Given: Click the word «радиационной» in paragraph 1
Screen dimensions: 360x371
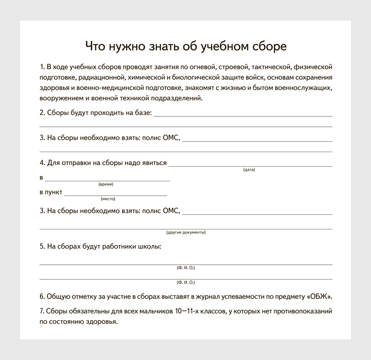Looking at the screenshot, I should pyautogui.click(x=101, y=78).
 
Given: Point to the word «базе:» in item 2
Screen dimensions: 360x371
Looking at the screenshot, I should pyautogui.click(x=141, y=113).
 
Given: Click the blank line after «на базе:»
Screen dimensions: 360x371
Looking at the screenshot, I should pyautogui.click(x=243, y=115).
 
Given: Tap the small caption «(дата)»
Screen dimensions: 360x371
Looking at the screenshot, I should pyautogui.click(x=249, y=170).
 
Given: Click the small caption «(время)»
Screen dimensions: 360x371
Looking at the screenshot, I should pyautogui.click(x=106, y=184).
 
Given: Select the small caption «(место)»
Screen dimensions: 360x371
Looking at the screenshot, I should pyautogui.click(x=108, y=199).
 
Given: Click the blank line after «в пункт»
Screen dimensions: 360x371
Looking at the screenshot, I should pyautogui.click(x=116, y=194).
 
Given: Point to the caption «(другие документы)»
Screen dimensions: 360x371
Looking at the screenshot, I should pyautogui.click(x=185, y=232).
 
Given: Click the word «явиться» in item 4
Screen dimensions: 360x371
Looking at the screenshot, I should pyautogui.click(x=154, y=163).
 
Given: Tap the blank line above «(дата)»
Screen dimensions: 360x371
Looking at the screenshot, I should pyautogui.click(x=250, y=165).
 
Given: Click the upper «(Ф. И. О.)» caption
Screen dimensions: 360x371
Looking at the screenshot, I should pyautogui.click(x=185, y=268).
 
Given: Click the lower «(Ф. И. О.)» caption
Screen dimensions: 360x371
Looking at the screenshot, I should pyautogui.click(x=185, y=282).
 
